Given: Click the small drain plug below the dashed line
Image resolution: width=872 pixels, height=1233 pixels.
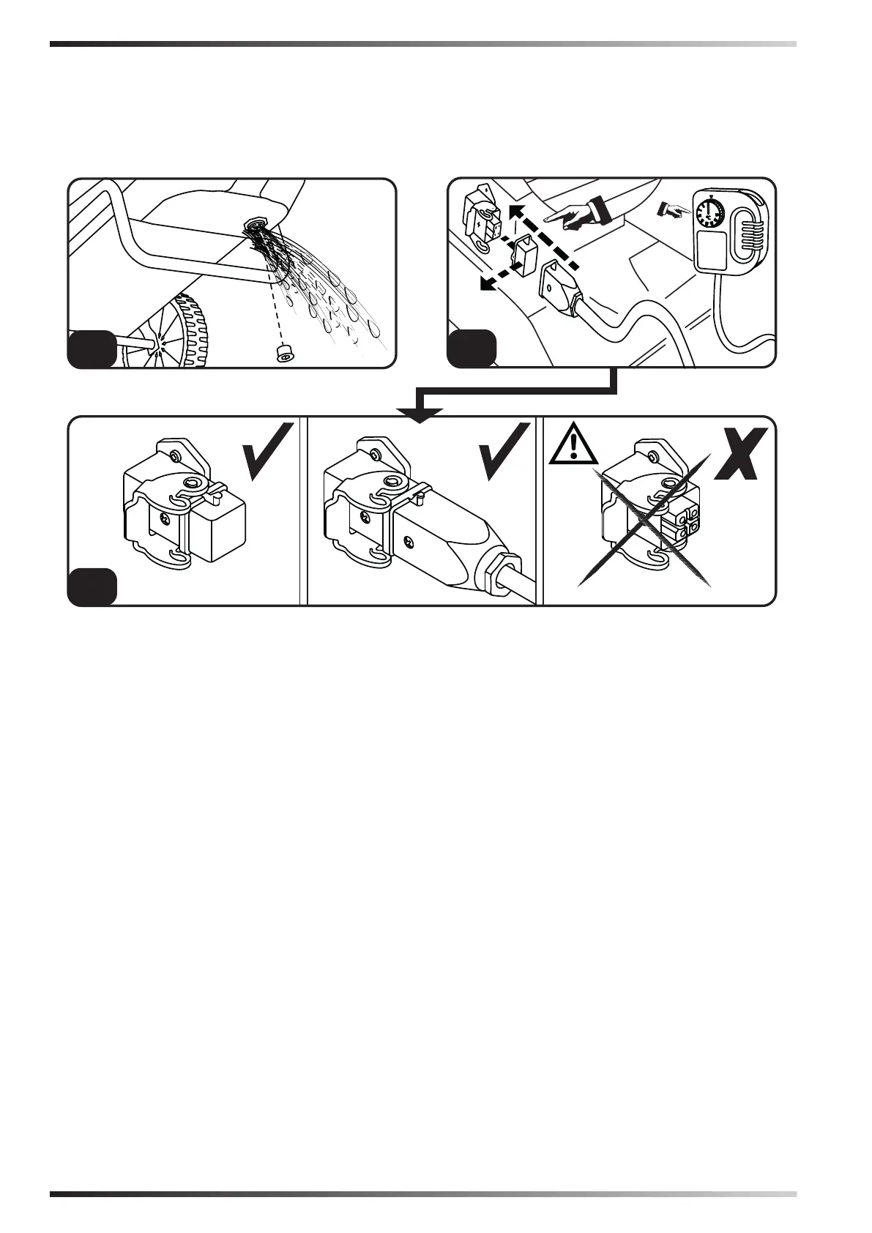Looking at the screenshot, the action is pos(281,355).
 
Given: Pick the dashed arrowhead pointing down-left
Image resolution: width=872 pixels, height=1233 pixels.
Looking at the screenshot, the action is pos(483,283).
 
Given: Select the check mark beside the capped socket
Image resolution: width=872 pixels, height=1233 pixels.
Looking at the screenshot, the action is pos(269,451).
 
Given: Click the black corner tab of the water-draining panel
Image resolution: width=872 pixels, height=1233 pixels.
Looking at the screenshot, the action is pos(91,349).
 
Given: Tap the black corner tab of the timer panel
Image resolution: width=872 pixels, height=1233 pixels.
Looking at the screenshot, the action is pos(470,349).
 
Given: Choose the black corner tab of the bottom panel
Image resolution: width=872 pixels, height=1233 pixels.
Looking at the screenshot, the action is pos(91,587).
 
